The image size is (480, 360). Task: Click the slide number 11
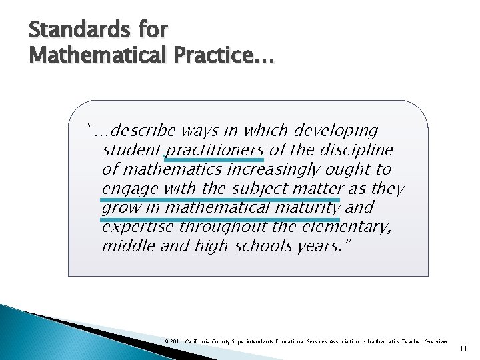tap(465, 349)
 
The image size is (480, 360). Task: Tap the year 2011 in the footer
tap(176, 341)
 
